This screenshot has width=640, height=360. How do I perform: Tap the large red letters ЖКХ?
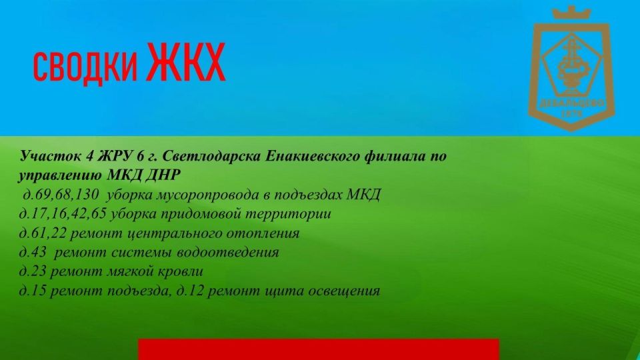pos(186,62)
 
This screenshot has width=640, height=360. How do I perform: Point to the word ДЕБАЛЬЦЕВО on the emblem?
pos(572,103)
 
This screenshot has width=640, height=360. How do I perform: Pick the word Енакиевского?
pos(312,155)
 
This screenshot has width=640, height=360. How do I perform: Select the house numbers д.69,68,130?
pos(61,194)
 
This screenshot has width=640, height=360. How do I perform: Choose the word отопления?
pos(263,233)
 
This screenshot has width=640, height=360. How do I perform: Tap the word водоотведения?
pos(228,252)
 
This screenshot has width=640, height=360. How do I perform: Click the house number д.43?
pos(33,252)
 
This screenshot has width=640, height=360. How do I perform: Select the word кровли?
pos(180,272)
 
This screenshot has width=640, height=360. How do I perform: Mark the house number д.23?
pos(33,271)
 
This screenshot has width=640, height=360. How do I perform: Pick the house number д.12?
pos(190,291)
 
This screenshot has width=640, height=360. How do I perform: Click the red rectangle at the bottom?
pos(319,349)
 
